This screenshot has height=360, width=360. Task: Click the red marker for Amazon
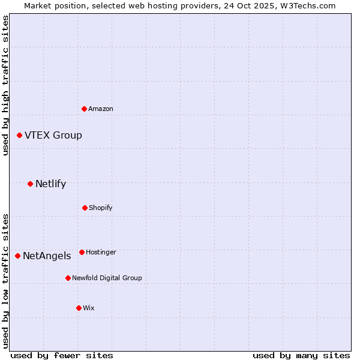coord(84,109)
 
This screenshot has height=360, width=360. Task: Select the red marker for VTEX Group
coord(19,136)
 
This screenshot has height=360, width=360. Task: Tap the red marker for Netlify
coord(30,184)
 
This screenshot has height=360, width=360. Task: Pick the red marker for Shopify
coord(85,208)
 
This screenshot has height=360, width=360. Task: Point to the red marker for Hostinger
coord(82,252)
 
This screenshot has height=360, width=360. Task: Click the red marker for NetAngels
coord(17,256)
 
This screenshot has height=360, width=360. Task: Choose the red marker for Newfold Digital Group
coord(68,278)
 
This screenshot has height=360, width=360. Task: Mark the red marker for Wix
coord(79,308)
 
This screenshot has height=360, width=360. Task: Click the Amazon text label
coord(101,109)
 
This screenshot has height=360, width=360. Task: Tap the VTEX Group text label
coord(53,136)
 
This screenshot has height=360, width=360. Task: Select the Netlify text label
coord(50,184)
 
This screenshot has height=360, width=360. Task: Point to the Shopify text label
coord(101,208)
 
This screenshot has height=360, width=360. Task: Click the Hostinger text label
coord(101,252)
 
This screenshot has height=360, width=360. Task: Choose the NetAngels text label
coord(47,256)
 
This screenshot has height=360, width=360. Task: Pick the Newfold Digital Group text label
coord(107,278)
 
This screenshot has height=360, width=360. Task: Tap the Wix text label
coord(89,308)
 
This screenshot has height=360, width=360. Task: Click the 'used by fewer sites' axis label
coord(62,355)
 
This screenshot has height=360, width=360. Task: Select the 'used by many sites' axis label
coord(301,355)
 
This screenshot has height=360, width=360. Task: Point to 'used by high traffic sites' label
coord(5,85)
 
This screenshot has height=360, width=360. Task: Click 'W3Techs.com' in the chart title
coord(308,5)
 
